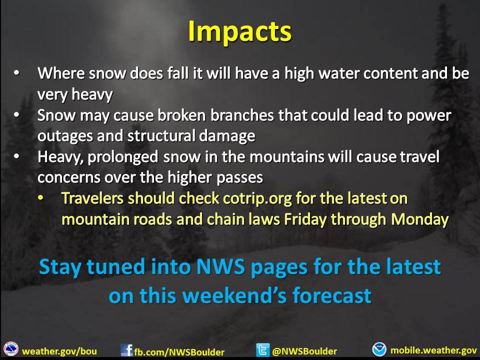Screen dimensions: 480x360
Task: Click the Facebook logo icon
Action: (126, 350)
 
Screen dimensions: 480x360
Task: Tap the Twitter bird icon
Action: (262, 350)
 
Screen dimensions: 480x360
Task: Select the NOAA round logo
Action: (379, 349)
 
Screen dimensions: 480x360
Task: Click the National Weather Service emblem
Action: (11, 349)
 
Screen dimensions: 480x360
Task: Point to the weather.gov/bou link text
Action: (59, 351)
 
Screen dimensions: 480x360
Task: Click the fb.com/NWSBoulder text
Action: (179, 352)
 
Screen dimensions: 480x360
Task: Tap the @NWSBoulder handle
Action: (304, 351)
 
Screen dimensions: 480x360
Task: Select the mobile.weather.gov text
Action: (434, 350)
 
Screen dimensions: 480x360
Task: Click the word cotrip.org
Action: (257, 198)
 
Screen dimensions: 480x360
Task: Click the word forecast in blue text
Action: (332, 295)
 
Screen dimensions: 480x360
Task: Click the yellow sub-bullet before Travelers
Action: (40, 198)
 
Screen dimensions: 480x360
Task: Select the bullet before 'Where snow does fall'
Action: (16, 73)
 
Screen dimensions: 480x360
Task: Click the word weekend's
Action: (235, 295)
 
